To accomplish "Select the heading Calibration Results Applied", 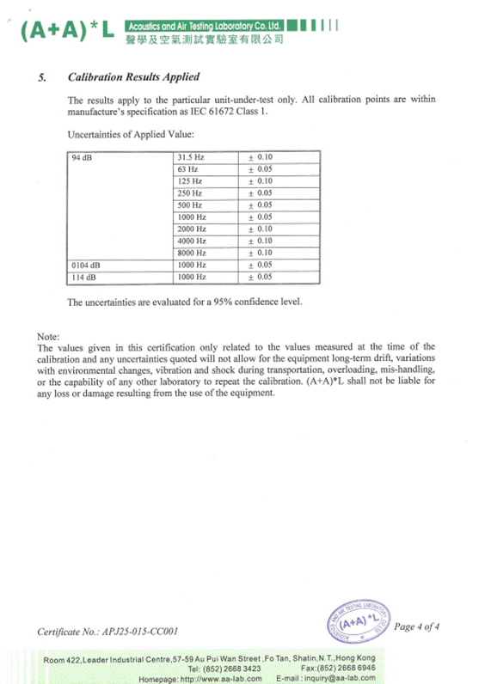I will click(x=133, y=77).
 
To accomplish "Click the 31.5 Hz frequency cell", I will click(x=191, y=158).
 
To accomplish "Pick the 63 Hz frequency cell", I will click(x=187, y=170).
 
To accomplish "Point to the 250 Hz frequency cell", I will click(x=189, y=194).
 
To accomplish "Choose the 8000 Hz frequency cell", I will click(x=192, y=253).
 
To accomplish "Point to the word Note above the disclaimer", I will click(x=48, y=335).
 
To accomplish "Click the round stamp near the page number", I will click(x=354, y=621).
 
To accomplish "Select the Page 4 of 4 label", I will click(x=416, y=626).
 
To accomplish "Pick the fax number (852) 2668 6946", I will click(x=354, y=668).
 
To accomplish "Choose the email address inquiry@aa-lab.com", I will click(x=338, y=678).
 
